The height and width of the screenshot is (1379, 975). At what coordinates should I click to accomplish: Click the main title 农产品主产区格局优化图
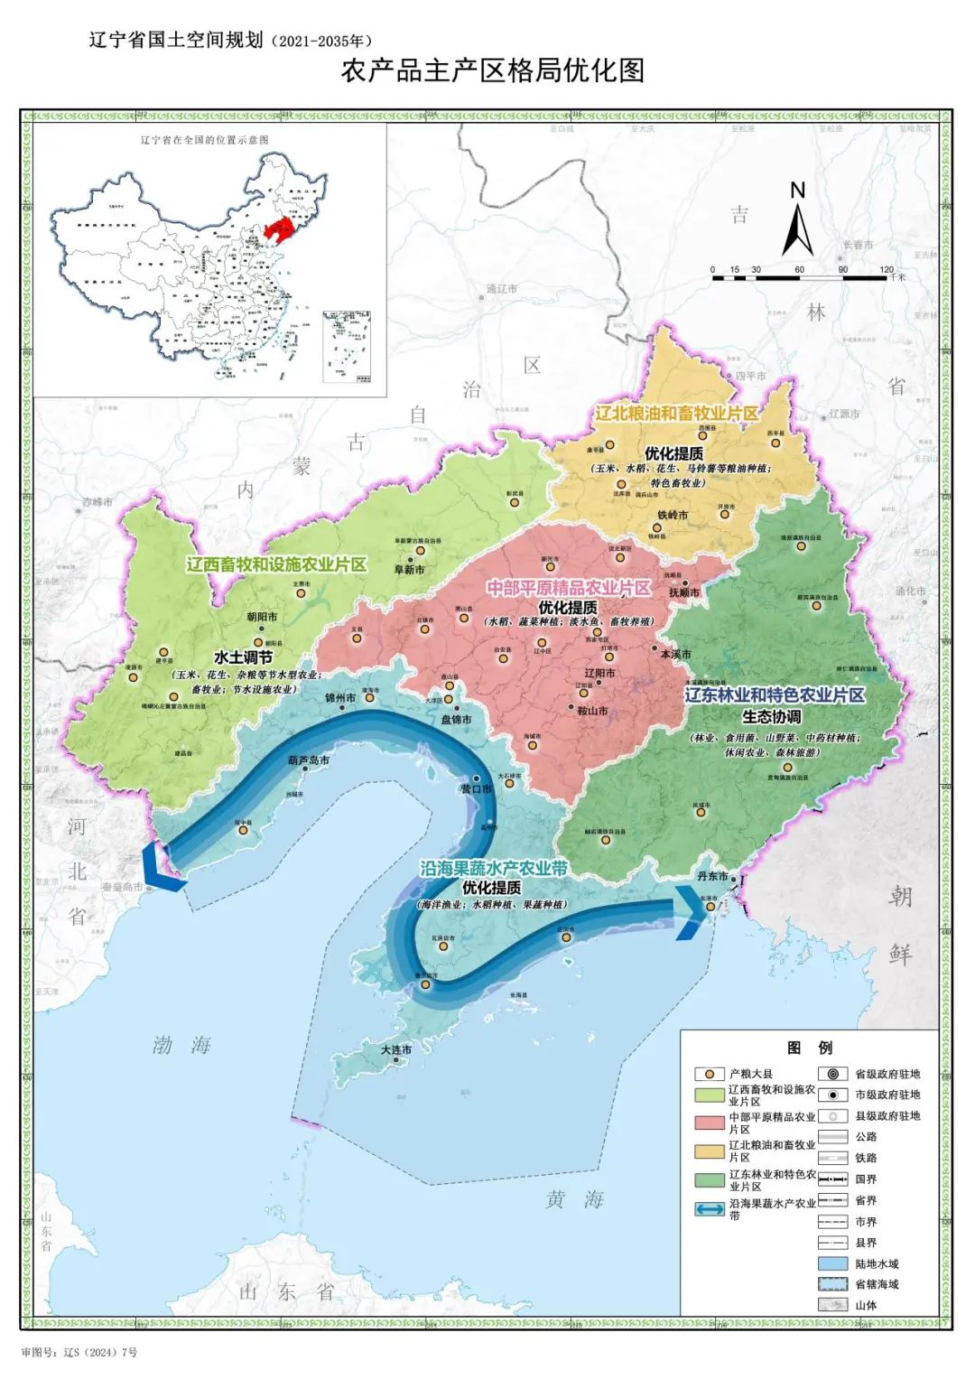[x=493, y=70]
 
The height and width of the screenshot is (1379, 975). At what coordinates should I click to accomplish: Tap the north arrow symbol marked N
[x=797, y=221]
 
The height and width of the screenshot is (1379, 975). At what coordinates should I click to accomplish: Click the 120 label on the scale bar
[x=886, y=269]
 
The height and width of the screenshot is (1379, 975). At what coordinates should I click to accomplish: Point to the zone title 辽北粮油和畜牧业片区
[x=676, y=413]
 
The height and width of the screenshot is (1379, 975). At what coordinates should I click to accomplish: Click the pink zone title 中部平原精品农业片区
[x=569, y=588]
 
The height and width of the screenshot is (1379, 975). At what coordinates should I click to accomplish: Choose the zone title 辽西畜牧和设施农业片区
[x=276, y=564]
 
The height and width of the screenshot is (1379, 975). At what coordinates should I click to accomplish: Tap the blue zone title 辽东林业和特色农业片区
[x=775, y=694]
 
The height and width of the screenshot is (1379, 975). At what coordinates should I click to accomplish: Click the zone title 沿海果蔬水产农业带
[x=493, y=868]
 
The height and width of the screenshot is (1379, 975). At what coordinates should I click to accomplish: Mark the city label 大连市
[x=395, y=1050]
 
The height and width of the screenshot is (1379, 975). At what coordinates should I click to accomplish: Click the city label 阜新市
[x=409, y=570]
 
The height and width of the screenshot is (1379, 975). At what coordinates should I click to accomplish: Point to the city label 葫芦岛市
[x=309, y=760]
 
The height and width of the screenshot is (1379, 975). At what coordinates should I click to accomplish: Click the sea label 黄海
[x=575, y=1199]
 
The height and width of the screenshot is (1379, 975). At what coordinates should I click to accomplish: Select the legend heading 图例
[x=809, y=1048]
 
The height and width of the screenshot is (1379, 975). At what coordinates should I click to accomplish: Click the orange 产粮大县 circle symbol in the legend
[x=710, y=1074]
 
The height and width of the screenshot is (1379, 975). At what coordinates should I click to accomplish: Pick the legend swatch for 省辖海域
[x=832, y=1284]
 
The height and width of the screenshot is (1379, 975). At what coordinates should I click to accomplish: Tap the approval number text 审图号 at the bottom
[x=79, y=1352]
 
